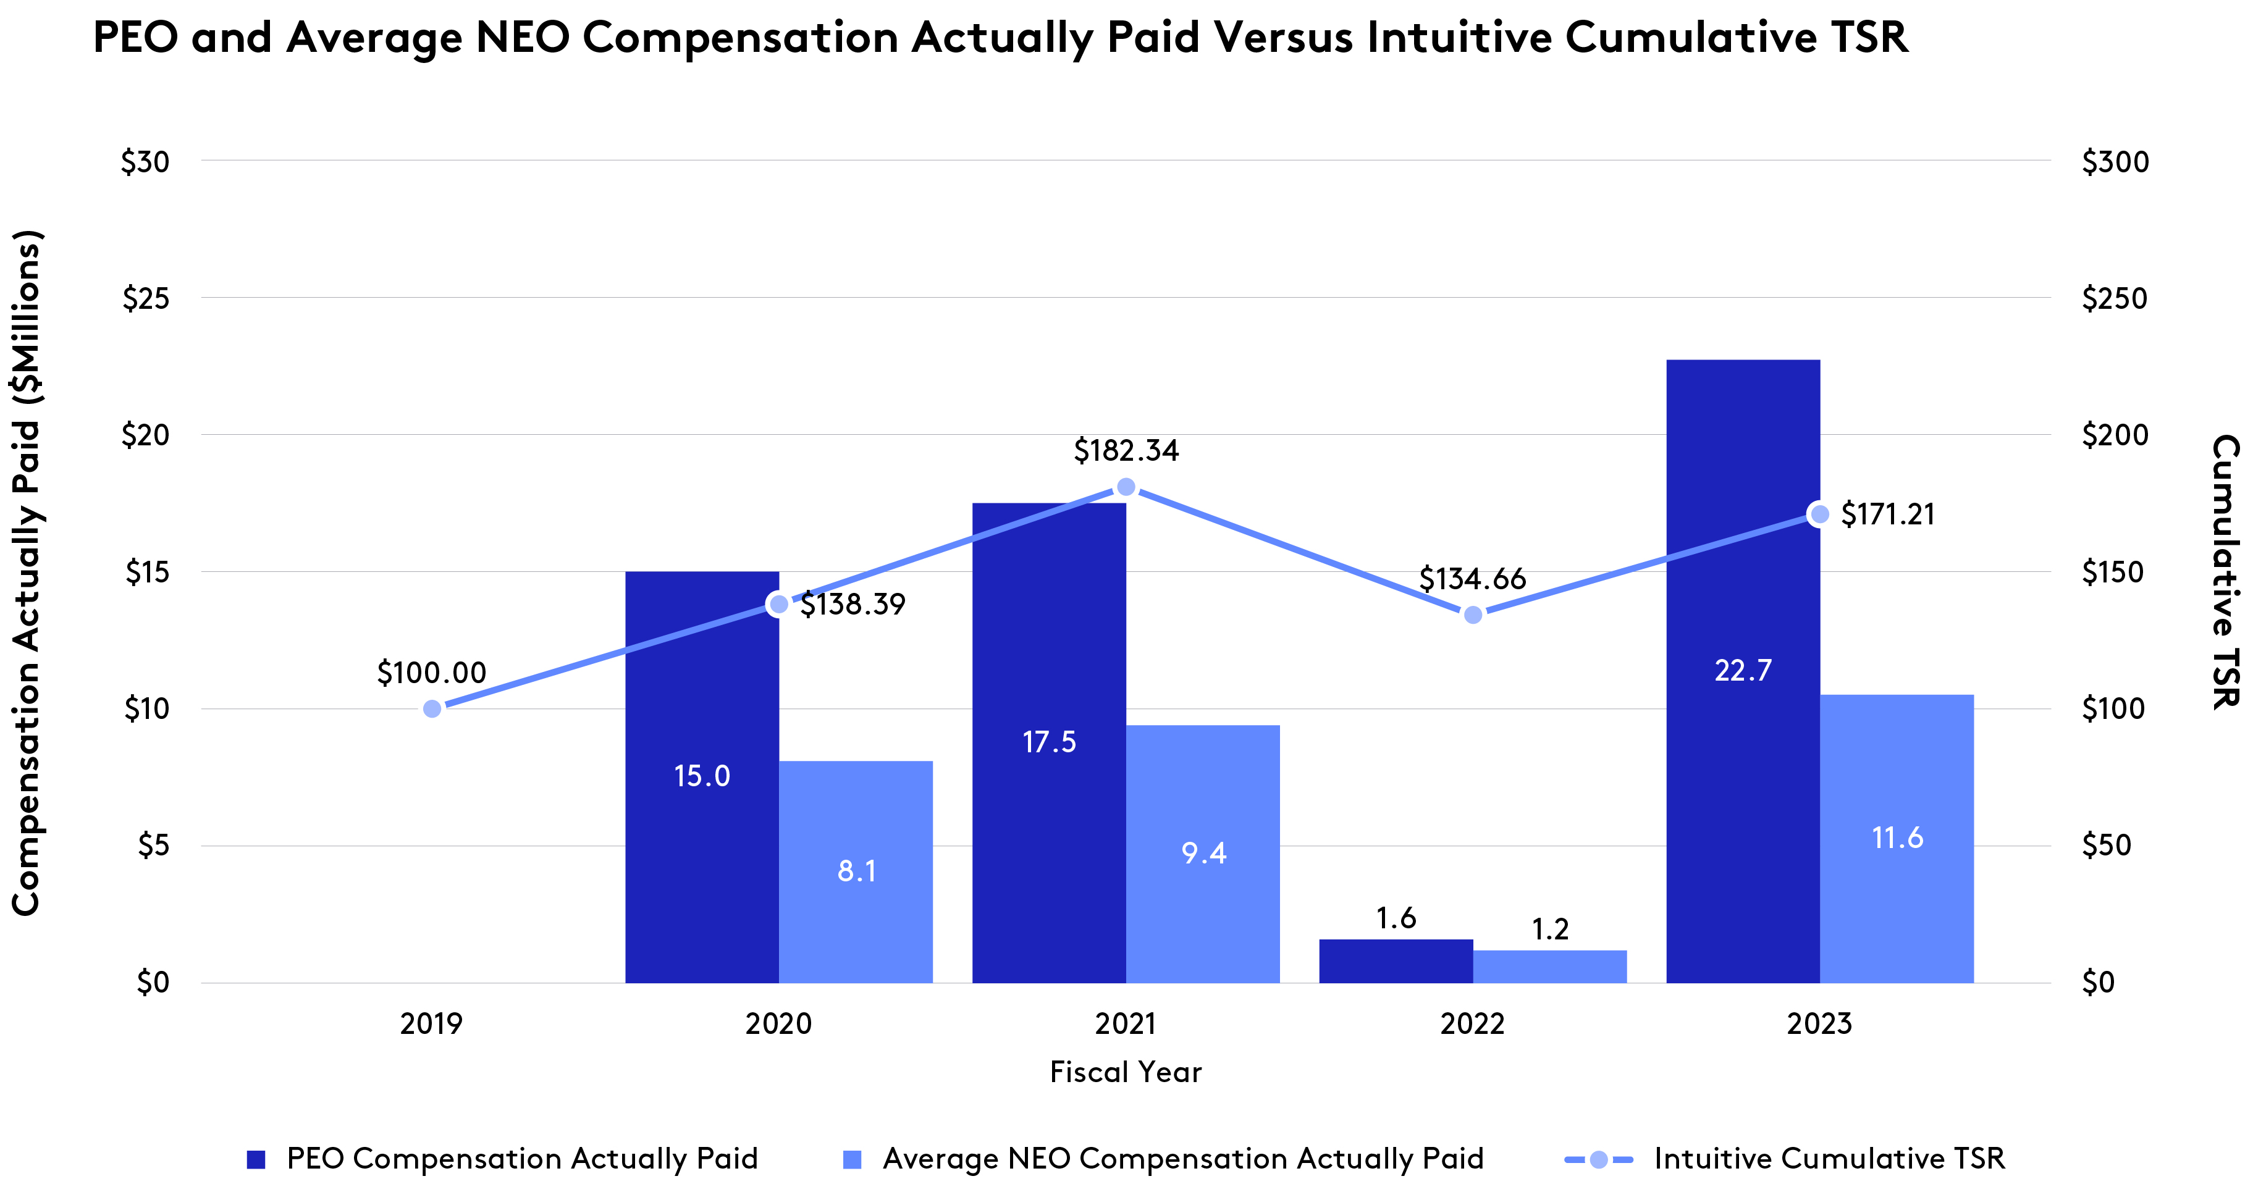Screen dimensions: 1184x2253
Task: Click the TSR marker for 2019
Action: coord(432,708)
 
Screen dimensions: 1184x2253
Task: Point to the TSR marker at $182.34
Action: coord(1127,487)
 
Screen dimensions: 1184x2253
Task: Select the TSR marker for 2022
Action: coord(1473,615)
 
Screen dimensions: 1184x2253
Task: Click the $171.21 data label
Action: coord(1887,514)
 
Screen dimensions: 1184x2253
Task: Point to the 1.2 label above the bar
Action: coord(1550,929)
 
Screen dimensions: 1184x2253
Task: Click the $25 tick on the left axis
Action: coord(145,299)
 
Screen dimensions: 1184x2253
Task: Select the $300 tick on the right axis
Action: coord(2115,162)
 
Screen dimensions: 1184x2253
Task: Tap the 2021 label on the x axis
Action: coord(1125,1023)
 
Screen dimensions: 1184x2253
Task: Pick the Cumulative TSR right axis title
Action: coord(2225,572)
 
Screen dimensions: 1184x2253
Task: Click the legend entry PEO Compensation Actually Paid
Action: coord(521,1159)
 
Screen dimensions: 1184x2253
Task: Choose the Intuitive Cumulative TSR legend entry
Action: coord(1828,1159)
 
